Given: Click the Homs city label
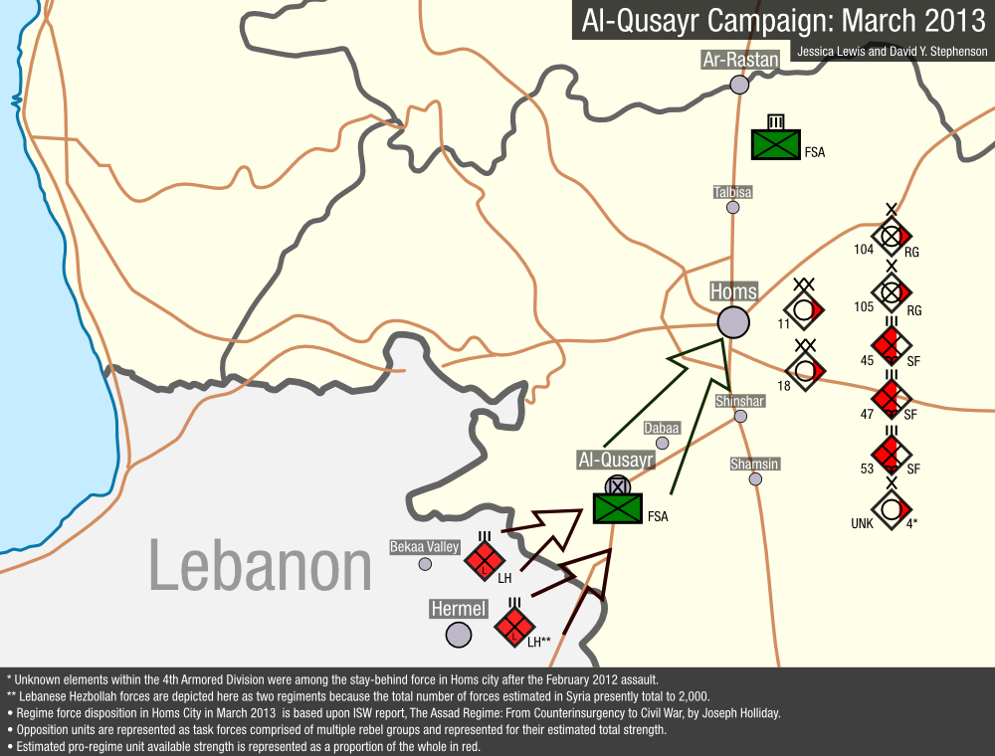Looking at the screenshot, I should pos(733,291).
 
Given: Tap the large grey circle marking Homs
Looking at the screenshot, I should pos(733,321).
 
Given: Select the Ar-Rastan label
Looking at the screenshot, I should pos(739,61).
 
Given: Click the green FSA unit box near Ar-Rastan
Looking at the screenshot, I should pos(776,144).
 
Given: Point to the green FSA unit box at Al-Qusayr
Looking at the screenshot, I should pos(618,508).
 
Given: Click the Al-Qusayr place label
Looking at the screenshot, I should pos(616,460).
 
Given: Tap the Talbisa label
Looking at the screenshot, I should pos(733,191).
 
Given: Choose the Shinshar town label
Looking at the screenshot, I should pos(740,401).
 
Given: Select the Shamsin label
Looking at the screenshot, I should pos(754,464).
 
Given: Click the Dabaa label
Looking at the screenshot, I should pos(662,428).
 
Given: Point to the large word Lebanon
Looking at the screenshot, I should pos(261,565).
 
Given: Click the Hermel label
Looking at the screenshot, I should pos(458,609).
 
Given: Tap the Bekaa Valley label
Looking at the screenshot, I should pos(425,546).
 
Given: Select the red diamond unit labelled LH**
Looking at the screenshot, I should pos(514,627).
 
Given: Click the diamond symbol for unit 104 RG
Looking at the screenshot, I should pos(892,236).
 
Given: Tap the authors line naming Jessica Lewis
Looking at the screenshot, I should pos(890,52).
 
